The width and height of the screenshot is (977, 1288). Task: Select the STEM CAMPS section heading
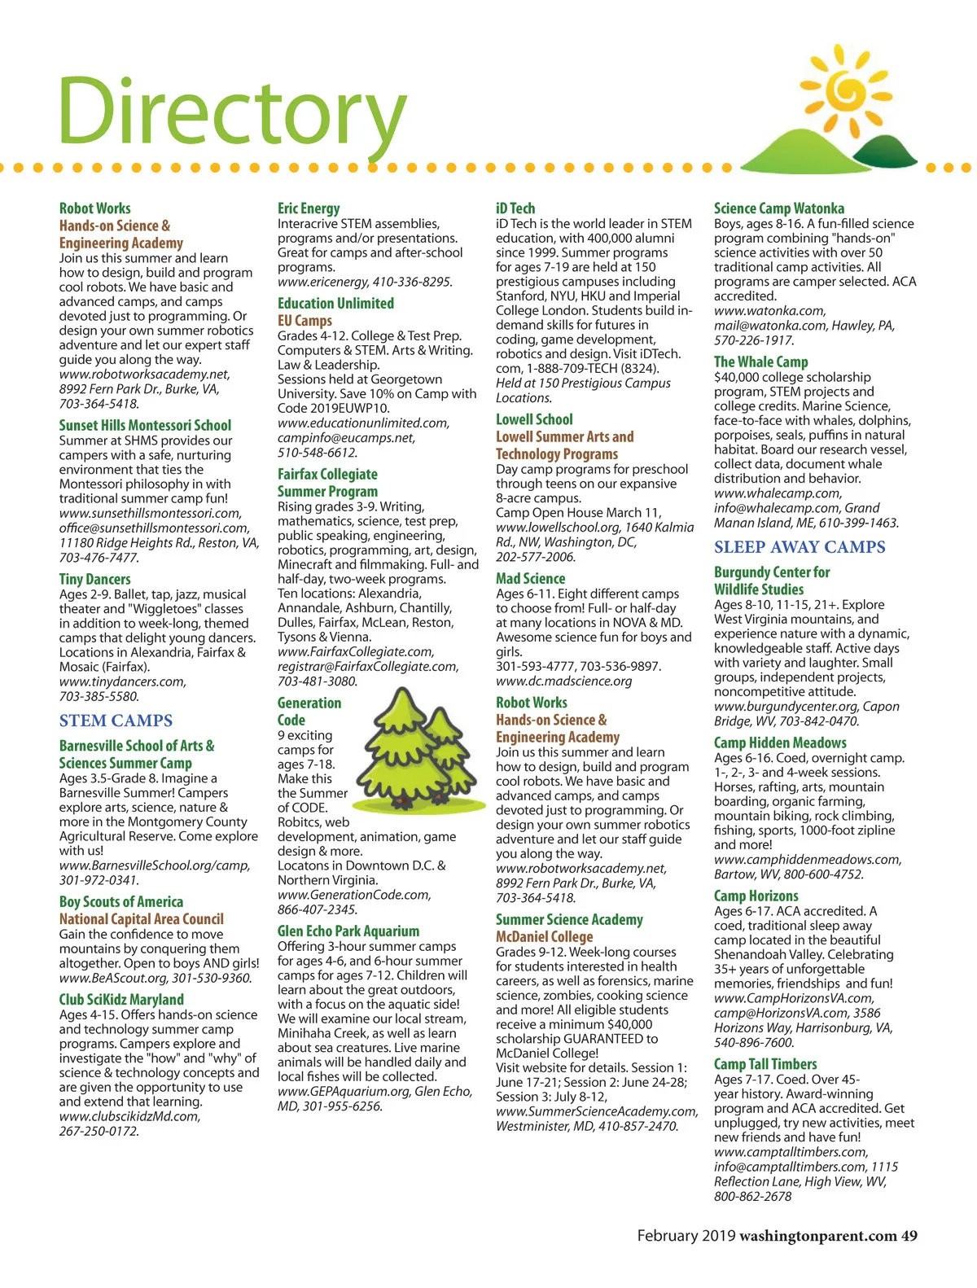click(116, 721)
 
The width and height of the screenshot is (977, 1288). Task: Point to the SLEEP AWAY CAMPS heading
click(800, 547)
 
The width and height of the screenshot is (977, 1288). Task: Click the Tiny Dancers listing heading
click(94, 579)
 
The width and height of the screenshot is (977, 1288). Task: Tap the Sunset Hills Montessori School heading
click(145, 425)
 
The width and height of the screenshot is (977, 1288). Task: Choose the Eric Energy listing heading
click(309, 208)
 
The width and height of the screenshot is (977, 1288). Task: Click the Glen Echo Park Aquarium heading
click(348, 931)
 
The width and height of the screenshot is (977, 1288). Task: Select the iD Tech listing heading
click(515, 208)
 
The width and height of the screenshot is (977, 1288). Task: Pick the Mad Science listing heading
click(530, 578)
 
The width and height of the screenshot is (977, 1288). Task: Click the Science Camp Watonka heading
click(779, 208)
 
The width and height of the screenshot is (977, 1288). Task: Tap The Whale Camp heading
click(760, 361)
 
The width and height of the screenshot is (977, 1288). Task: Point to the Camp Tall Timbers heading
click(765, 1064)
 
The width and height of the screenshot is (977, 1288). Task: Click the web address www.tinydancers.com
click(122, 681)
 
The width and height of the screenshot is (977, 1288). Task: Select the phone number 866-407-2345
click(318, 909)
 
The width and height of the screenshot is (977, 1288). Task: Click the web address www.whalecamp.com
click(777, 493)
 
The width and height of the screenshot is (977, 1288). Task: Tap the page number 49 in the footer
click(909, 1236)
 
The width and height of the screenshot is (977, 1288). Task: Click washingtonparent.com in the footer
click(817, 1236)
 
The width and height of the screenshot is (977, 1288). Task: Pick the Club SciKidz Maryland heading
click(121, 999)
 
